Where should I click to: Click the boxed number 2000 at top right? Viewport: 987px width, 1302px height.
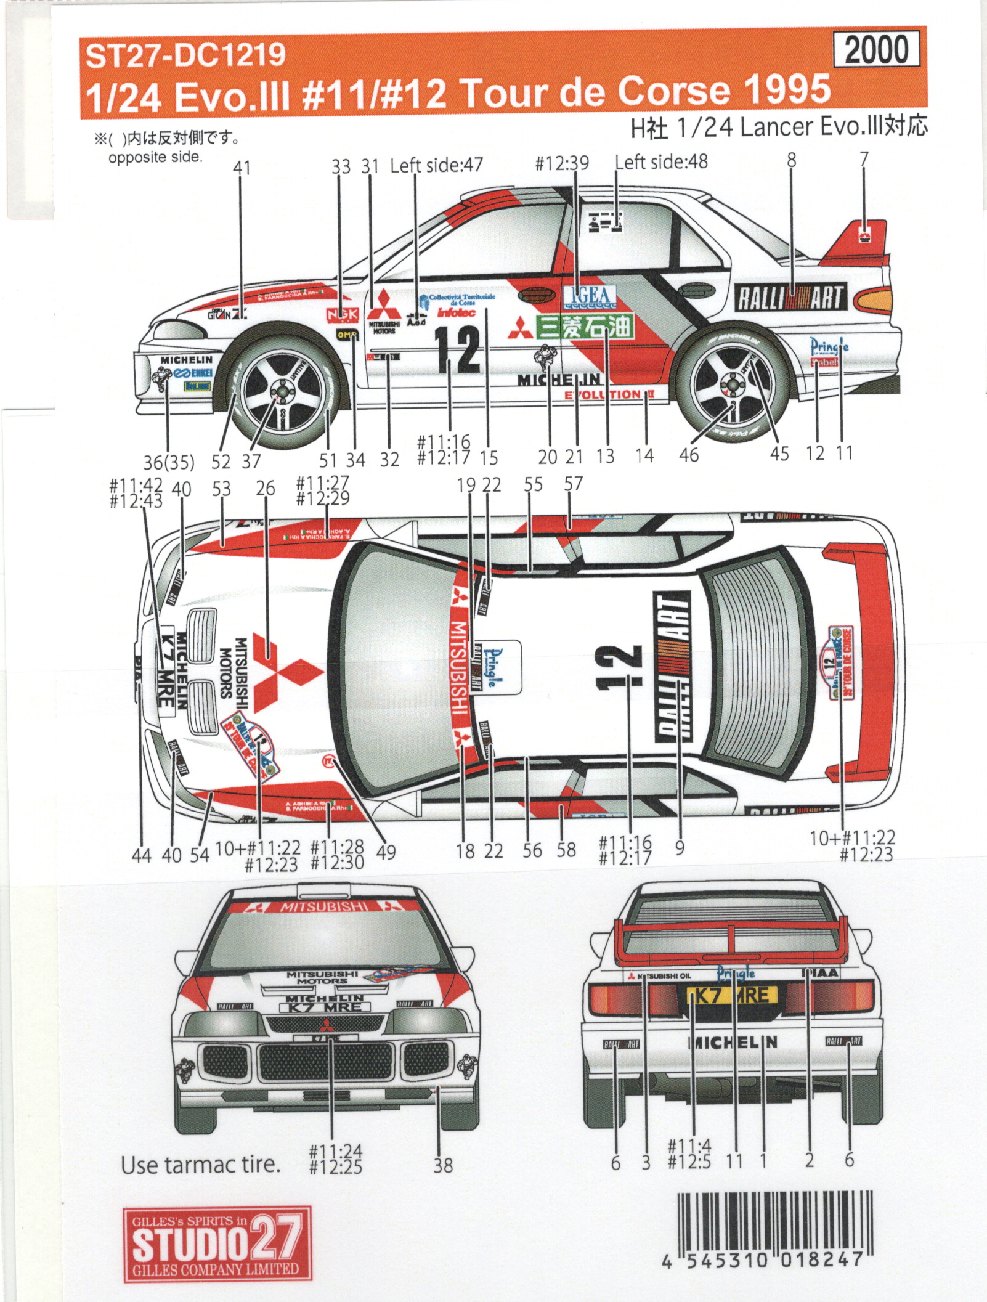[876, 50]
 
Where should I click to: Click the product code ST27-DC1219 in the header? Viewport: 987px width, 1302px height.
[185, 55]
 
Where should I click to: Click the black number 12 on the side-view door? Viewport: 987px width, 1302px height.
[457, 349]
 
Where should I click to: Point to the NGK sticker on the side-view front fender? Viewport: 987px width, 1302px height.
[342, 315]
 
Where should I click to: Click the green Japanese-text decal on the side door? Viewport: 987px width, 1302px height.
[583, 327]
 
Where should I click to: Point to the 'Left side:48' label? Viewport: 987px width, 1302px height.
[661, 162]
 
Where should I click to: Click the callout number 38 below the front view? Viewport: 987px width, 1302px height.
[442, 1165]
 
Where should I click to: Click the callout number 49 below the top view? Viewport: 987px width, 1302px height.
[385, 853]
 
